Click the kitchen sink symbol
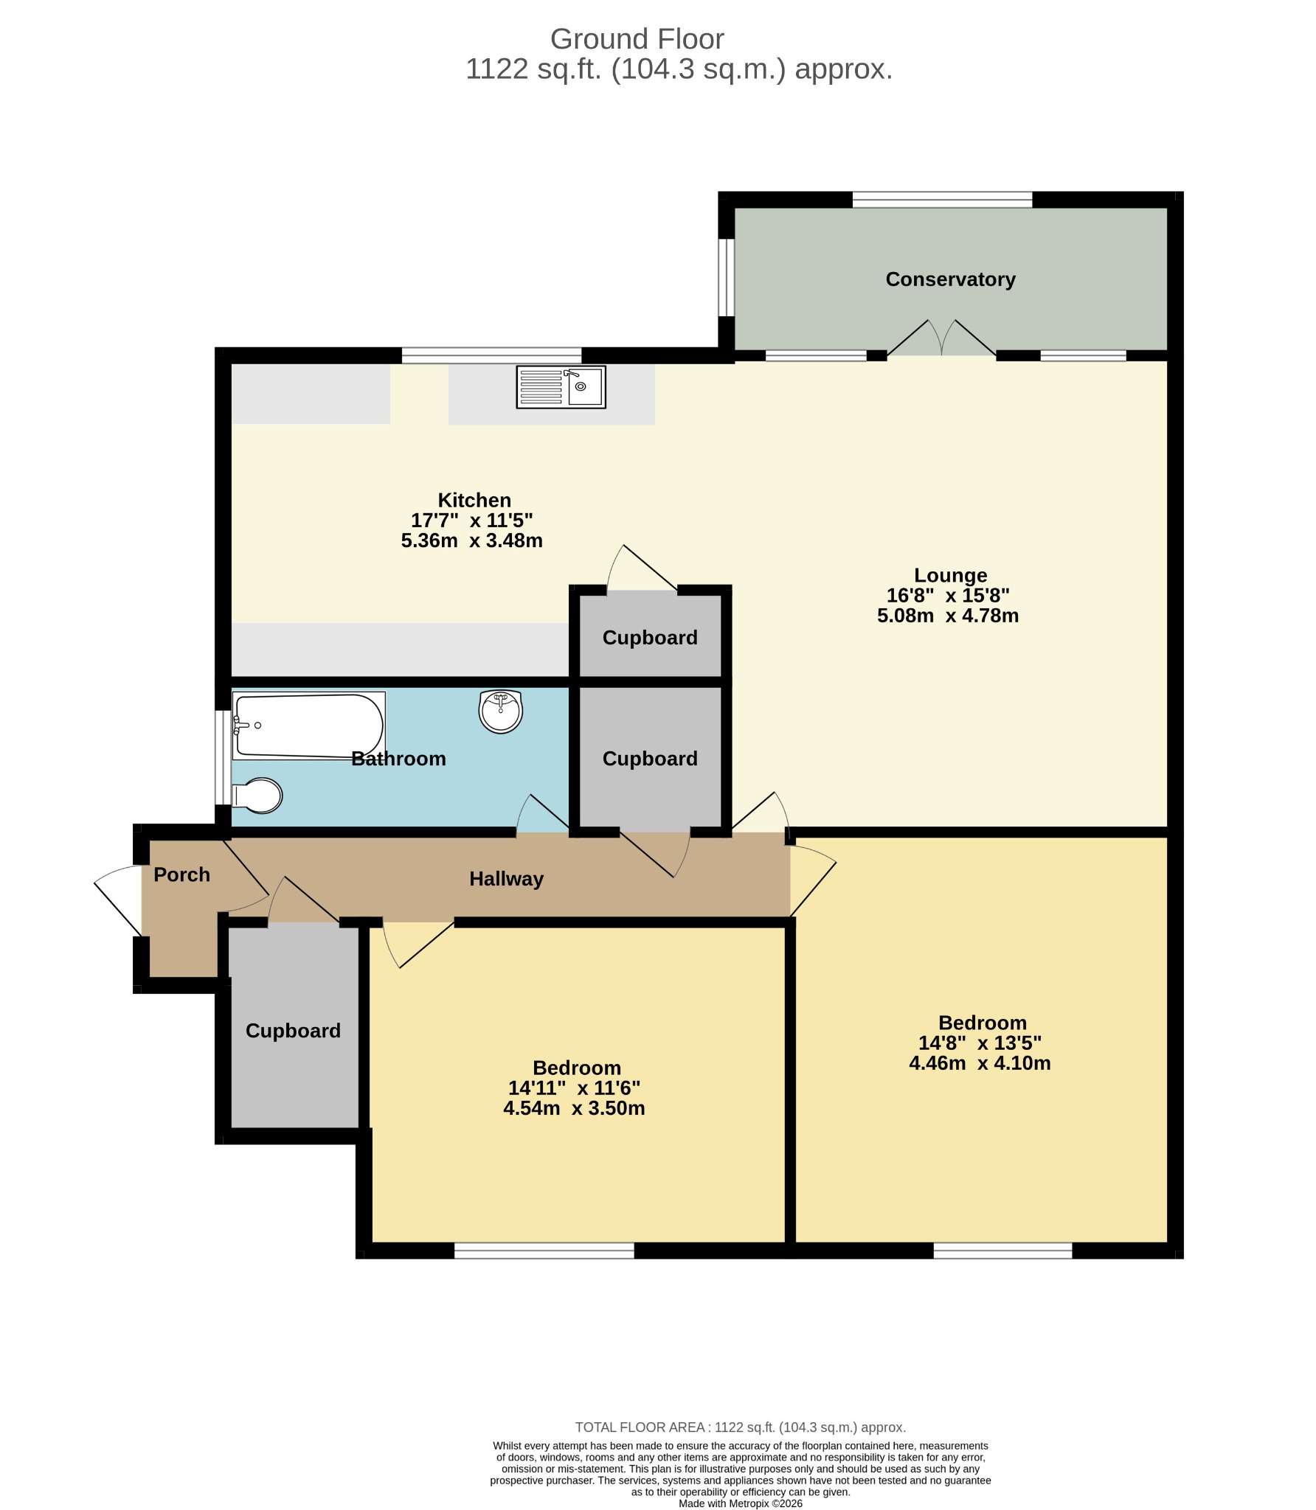click(561, 387)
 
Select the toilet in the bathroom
click(257, 796)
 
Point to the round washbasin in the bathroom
click(501, 711)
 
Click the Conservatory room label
click(950, 279)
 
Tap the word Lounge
click(950, 575)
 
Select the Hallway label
click(506, 879)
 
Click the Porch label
click(181, 874)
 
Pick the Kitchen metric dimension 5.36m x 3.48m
click(472, 540)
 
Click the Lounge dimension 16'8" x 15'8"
click(948, 595)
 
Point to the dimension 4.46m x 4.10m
click(980, 1062)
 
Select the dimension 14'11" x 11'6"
click(574, 1088)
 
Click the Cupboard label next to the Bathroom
click(650, 759)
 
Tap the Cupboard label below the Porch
click(293, 1031)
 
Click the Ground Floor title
click(637, 38)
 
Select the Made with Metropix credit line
click(741, 1503)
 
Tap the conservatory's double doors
click(942, 338)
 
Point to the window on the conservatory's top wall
click(942, 199)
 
